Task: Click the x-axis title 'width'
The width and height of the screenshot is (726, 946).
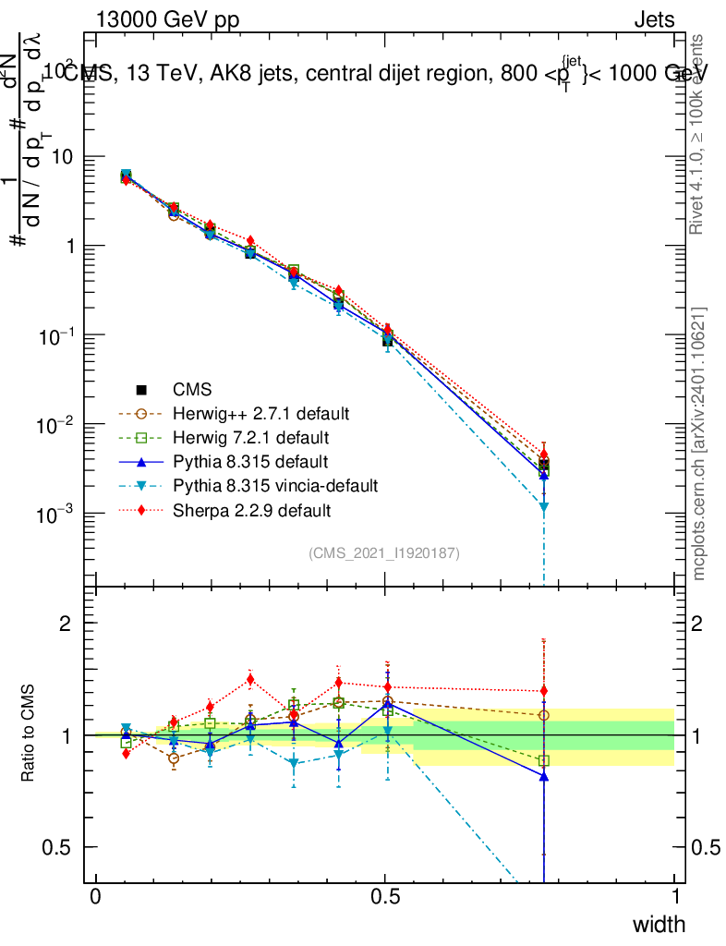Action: click(659, 924)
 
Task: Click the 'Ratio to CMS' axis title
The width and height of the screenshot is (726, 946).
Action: click(29, 734)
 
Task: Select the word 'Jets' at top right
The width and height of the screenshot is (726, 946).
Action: click(653, 19)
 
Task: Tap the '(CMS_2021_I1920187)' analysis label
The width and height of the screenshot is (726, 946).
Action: click(384, 552)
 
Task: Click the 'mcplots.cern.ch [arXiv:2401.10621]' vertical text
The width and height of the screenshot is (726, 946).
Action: click(699, 444)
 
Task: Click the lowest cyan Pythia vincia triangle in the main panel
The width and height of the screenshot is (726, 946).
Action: click(544, 507)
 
